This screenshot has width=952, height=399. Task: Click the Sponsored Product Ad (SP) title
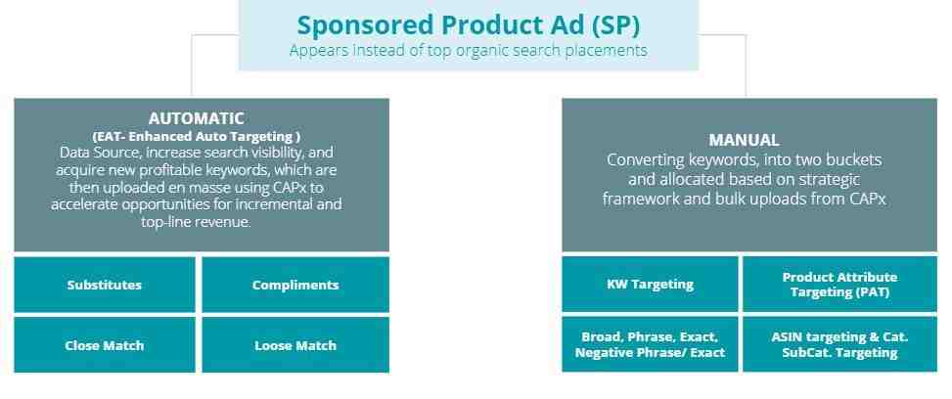pyautogui.click(x=468, y=24)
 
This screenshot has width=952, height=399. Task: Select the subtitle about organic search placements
pyautogui.click(x=468, y=50)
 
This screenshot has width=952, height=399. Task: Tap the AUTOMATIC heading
pyautogui.click(x=196, y=117)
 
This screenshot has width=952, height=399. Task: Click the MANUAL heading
pyautogui.click(x=744, y=140)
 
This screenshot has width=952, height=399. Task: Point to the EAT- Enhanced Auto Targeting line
pyautogui.click(x=196, y=136)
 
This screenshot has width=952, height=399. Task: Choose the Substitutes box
pyautogui.click(x=105, y=285)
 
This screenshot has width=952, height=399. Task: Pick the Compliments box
pyautogui.click(x=295, y=285)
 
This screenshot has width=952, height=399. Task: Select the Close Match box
pyautogui.click(x=105, y=345)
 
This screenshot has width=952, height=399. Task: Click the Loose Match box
pyautogui.click(x=295, y=345)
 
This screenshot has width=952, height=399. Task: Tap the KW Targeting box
pyautogui.click(x=650, y=284)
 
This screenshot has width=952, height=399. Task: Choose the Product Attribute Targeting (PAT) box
pyautogui.click(x=839, y=284)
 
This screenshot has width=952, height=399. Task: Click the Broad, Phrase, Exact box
pyautogui.click(x=650, y=343)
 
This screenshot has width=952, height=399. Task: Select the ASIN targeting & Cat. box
pyautogui.click(x=839, y=343)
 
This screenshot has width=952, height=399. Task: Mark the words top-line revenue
pyautogui.click(x=196, y=222)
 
